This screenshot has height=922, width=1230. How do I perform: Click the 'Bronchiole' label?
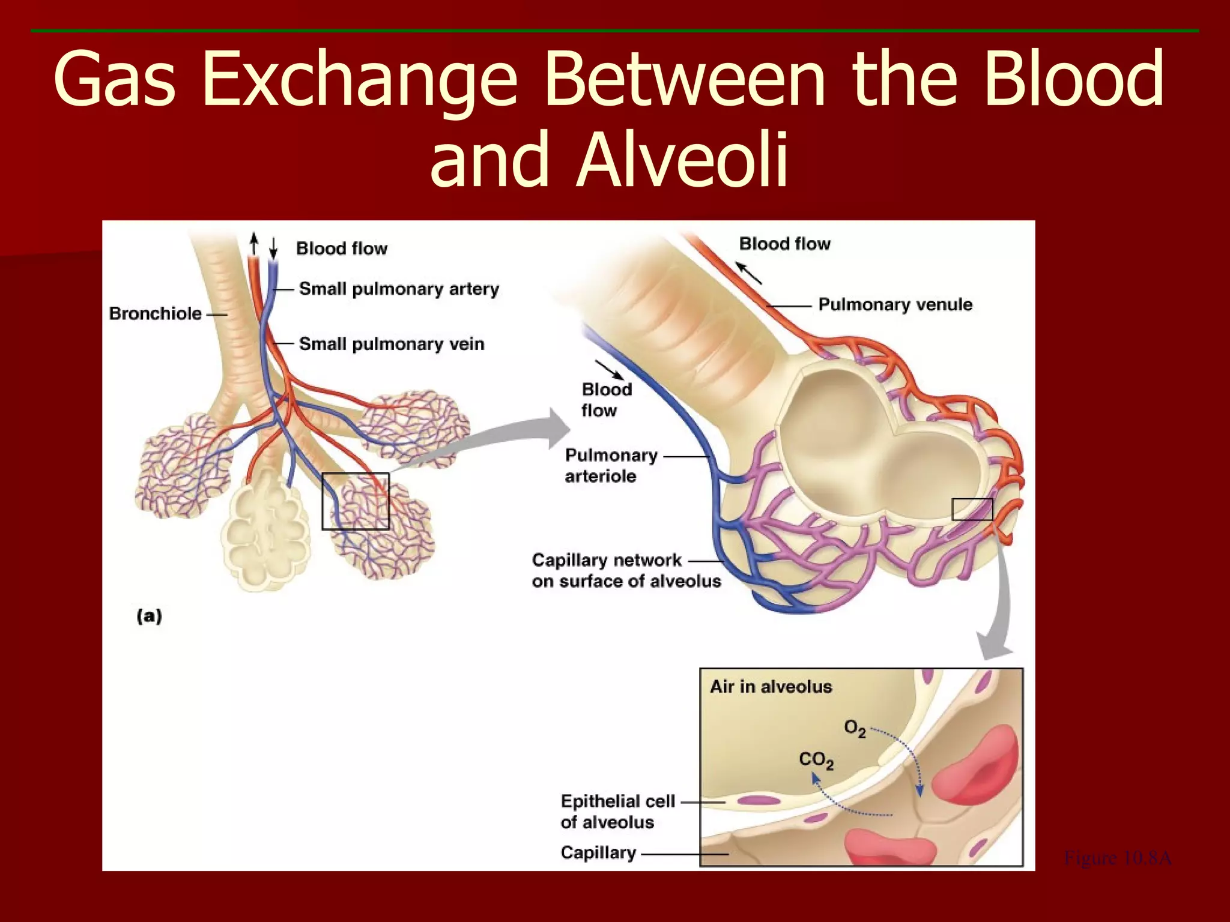[155, 313]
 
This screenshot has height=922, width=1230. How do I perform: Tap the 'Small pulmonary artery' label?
[399, 289]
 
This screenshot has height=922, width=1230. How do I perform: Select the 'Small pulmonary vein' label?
[391, 344]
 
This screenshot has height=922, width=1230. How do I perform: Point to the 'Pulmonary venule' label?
[895, 304]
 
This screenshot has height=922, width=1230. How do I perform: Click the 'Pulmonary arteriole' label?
[611, 466]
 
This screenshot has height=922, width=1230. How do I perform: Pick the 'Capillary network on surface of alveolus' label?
[626, 570]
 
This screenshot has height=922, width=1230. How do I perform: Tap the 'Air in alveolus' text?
[771, 687]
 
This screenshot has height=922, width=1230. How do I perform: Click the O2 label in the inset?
[855, 729]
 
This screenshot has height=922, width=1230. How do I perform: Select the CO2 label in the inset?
[816, 761]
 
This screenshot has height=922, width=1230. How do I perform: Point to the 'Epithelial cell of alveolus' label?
[617, 812]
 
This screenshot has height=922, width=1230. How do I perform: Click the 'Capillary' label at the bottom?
[598, 852]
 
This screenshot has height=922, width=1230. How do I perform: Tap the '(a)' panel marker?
[150, 616]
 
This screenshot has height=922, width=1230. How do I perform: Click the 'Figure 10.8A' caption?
[1117, 858]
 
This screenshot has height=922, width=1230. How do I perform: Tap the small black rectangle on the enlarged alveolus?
[972, 510]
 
